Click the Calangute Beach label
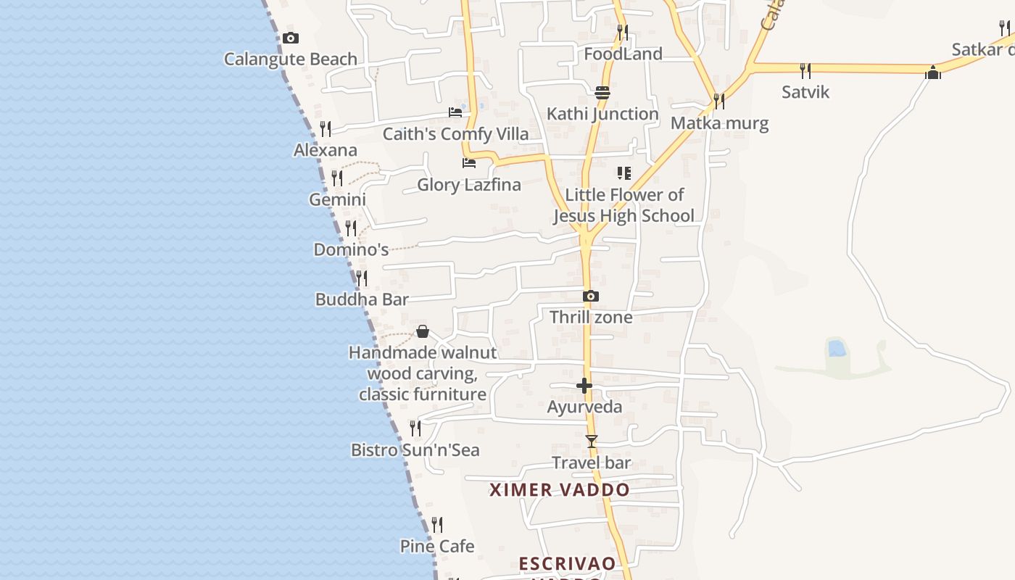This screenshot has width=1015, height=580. [x=290, y=59]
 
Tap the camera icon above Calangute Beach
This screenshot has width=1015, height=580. [x=291, y=38]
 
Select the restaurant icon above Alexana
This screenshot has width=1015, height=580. [x=326, y=129]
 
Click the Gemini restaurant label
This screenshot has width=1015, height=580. [x=337, y=199]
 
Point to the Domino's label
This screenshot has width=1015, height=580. [x=351, y=249]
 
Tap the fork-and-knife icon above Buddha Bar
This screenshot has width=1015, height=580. [x=361, y=278]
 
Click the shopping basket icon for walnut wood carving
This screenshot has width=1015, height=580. [x=423, y=332]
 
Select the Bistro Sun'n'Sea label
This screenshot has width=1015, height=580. [x=415, y=450]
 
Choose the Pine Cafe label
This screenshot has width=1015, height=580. [x=437, y=546]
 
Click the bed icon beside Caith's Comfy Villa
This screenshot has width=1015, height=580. [x=455, y=112]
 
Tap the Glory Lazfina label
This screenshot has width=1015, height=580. [x=468, y=185]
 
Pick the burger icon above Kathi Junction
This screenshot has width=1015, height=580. [x=602, y=93]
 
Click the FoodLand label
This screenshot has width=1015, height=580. [x=623, y=54]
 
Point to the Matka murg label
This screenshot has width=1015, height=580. [x=719, y=123]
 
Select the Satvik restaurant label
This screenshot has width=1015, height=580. [x=805, y=92]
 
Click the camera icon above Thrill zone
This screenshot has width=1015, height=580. [x=591, y=297]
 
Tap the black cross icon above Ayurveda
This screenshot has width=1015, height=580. [x=584, y=386]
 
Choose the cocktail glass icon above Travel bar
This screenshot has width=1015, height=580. [x=592, y=441]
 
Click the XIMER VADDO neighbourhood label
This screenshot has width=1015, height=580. [x=560, y=490]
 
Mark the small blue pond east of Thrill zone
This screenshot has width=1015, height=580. [x=837, y=349]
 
